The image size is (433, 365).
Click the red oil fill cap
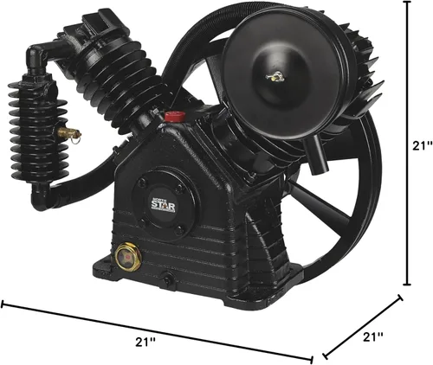pos(175,117)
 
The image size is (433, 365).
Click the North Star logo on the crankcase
pos(164,204)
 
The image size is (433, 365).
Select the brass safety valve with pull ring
pos(69,133)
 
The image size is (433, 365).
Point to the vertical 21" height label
pos(422,146)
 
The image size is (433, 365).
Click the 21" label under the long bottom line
pos(145,342)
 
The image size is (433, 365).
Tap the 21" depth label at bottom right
pos(373,336)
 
